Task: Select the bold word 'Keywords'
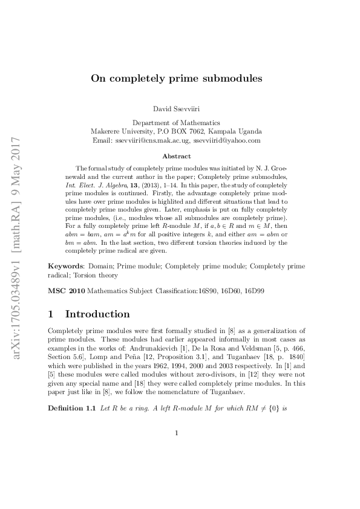(66, 266)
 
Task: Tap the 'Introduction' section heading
(97, 314)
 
